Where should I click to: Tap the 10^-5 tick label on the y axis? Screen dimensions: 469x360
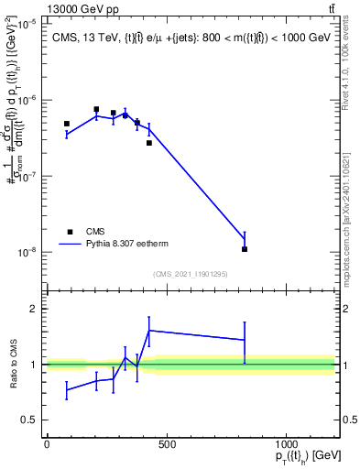point(27,22)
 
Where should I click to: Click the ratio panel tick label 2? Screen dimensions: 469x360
point(33,310)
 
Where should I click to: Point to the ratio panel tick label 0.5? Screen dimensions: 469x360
point(30,420)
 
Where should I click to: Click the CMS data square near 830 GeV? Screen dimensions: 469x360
point(245,249)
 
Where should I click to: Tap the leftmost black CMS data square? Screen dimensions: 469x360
point(67,124)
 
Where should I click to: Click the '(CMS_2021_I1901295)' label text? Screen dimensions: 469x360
point(190,274)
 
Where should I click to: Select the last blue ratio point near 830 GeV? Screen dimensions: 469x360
point(245,340)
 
